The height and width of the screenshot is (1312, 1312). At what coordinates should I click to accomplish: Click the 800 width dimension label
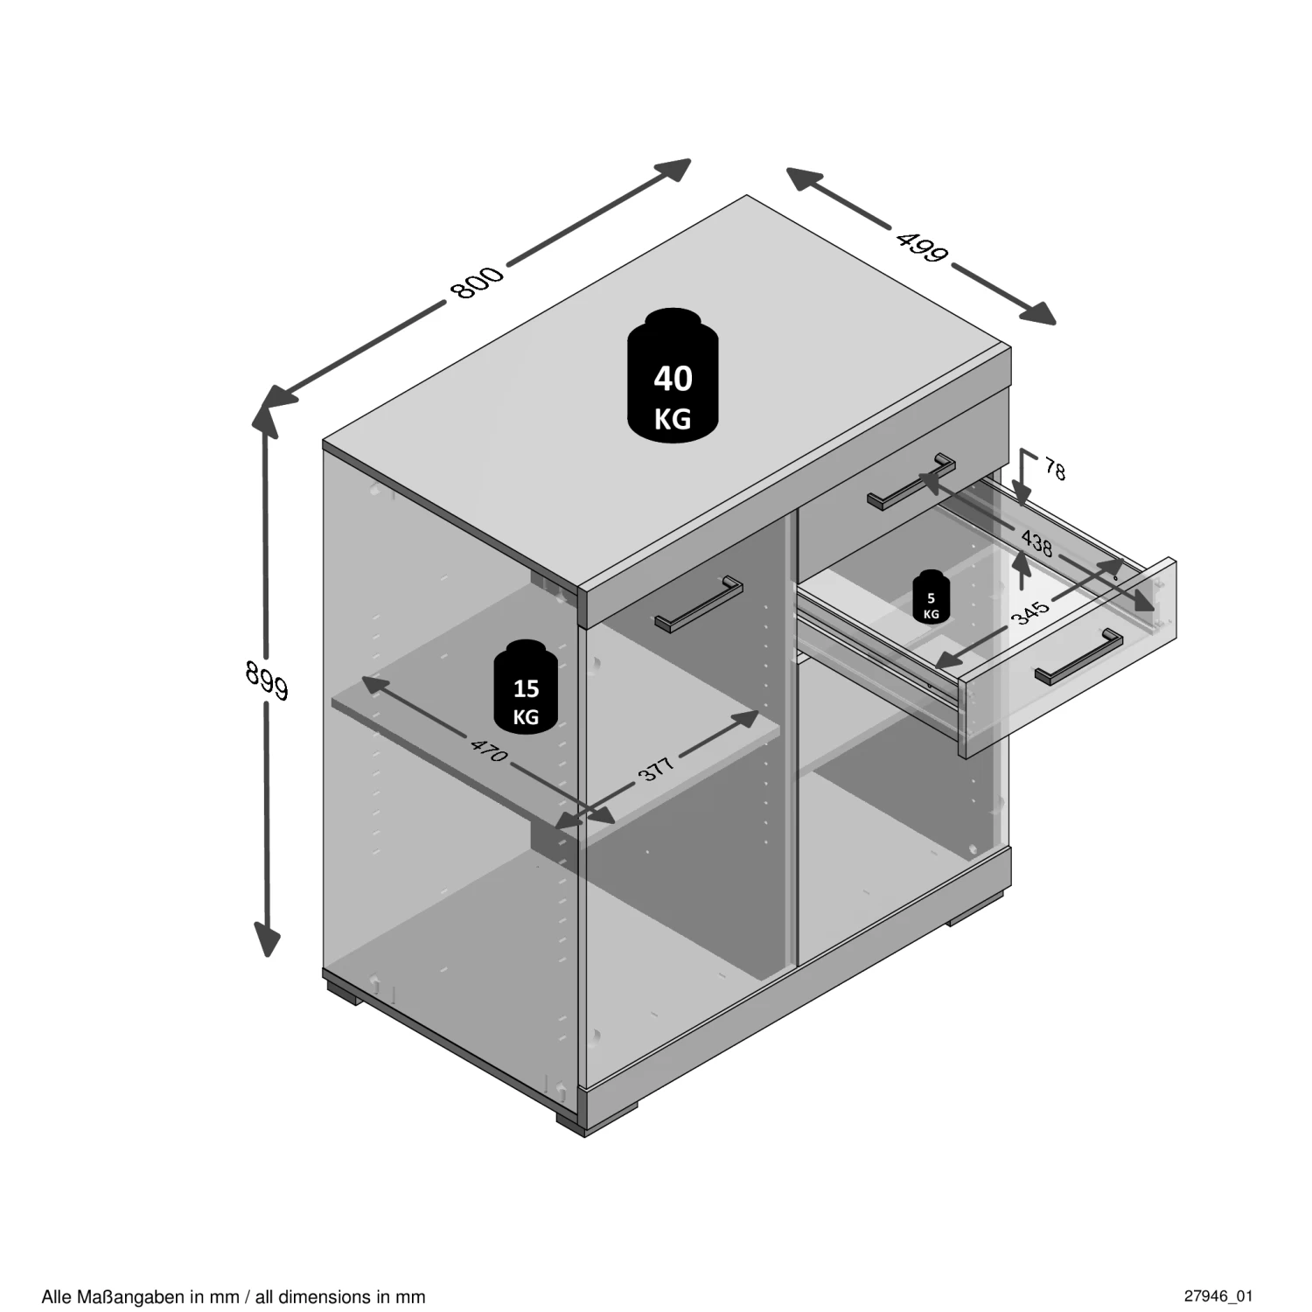coord(478,281)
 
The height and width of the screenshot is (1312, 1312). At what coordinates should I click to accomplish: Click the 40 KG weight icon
coord(673,375)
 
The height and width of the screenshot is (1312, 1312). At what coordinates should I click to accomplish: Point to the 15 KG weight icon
coord(526,687)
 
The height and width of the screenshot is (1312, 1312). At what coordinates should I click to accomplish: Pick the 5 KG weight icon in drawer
coord(931,597)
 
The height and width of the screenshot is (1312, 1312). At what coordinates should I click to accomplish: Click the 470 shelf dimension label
coord(489,750)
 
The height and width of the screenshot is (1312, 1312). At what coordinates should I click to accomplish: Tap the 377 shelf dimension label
coord(657,768)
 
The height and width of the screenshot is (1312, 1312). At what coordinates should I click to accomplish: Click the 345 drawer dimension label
coord(1029,612)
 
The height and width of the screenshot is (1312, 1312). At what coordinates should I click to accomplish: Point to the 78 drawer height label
coord(1056,470)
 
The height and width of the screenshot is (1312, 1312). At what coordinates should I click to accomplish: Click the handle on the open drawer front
coord(1078,656)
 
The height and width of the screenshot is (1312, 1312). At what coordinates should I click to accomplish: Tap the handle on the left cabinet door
coord(699,603)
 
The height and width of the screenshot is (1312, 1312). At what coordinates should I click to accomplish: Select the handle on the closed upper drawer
coord(912,480)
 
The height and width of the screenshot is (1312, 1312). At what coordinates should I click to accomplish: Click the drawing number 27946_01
coord(1218,1295)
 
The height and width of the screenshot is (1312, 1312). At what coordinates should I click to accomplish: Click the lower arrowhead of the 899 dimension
coord(267,940)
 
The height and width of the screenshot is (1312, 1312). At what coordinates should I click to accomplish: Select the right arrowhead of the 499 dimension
coord(1038,313)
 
